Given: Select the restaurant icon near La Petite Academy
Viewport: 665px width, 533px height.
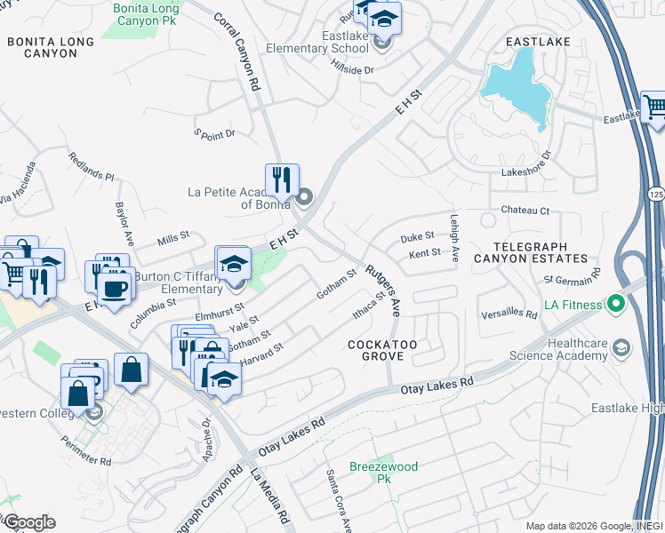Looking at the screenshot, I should pos(282,180).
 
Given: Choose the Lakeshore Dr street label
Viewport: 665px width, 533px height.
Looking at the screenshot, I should pos(526,164).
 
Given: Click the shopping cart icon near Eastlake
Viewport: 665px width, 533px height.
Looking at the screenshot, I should pos(654,107).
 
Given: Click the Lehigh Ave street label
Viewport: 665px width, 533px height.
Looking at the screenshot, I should pos(454,240).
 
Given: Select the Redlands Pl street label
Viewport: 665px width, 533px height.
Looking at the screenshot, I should pos(92,166).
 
